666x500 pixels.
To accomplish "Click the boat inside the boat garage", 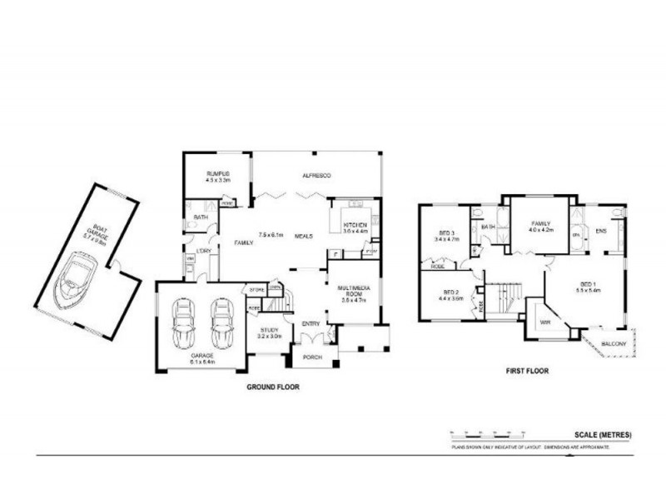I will click(77, 280).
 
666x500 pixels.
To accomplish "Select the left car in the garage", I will click(183, 326).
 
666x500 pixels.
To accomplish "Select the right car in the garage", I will click(221, 326).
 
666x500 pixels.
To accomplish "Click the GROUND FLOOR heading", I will click(272, 387).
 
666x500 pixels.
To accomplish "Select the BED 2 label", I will click(451, 293).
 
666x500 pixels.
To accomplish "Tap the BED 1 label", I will click(589, 287).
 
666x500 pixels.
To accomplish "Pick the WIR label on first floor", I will click(545, 321).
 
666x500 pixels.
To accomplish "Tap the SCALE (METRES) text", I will click(603, 434).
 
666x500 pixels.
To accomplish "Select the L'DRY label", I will click(202, 251).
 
